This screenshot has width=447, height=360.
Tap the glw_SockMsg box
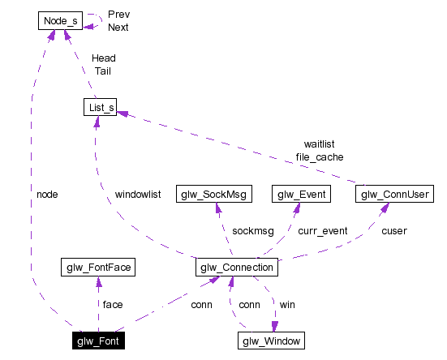click(214, 194)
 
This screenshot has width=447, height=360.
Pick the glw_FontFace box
click(97, 267)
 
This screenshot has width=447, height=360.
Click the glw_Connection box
click(238, 267)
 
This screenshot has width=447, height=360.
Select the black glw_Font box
click(98, 341)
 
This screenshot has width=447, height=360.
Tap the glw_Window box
click(272, 341)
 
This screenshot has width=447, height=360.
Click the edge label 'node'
click(47, 195)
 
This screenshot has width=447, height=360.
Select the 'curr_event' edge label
click(323, 231)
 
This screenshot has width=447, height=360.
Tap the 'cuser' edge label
click(394, 231)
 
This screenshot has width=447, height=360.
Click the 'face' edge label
click(112, 304)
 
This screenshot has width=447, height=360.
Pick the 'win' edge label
click(287, 304)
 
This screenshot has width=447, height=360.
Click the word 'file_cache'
click(319, 156)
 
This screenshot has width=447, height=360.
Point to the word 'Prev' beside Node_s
click(118, 15)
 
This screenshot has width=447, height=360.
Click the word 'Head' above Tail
click(103, 58)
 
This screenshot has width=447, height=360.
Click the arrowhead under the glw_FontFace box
click(97, 281)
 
